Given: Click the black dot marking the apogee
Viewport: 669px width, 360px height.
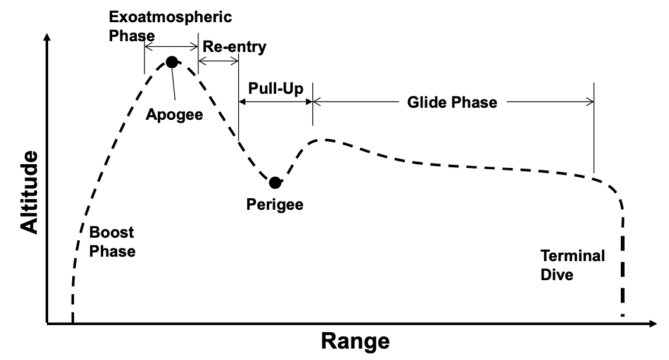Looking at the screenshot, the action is coord(172,62).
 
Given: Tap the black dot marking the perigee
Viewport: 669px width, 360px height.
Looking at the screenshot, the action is coord(275,183).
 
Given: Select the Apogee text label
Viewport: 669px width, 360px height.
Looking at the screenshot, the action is coord(174,115).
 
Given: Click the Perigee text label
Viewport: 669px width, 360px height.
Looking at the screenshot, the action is coord(275,205).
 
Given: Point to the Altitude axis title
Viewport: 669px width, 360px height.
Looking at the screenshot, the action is coord(29,192).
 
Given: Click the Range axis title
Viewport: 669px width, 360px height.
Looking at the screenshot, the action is coord(355,342).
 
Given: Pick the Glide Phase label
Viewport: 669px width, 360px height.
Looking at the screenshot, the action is coord(452,103).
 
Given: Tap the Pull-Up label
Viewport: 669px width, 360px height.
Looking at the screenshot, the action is coord(276,89).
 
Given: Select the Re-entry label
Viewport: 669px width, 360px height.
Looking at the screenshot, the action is coord(234,47).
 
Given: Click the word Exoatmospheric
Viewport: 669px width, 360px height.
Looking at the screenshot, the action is coord(170,17).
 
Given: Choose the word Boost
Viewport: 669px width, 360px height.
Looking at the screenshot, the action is coord(111,233).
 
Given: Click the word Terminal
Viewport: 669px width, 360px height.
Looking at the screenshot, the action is coord(573,256).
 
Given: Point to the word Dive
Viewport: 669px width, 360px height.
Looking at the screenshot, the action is coord(557,274).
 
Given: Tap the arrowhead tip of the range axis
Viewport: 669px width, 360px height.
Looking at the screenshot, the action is coord(656,324).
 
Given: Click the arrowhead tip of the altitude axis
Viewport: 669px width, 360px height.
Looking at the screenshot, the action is coord(47,34).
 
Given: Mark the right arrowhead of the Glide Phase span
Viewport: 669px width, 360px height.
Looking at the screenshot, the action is coord(593,101).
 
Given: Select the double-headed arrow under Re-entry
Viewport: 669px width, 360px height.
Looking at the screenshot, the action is coord(219,61).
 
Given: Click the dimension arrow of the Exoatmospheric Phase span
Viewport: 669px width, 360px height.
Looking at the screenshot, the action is coord(171,46).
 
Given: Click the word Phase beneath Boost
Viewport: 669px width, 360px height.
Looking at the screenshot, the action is coord(112,251).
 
